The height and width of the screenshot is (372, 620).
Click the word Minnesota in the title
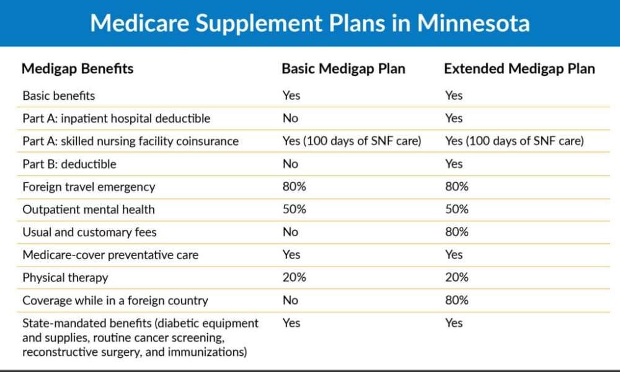tap(473, 23)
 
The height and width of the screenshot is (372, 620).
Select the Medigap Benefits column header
tap(77, 69)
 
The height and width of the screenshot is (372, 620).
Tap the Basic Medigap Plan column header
tap(343, 69)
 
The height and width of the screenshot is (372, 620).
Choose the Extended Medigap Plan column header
tap(519, 69)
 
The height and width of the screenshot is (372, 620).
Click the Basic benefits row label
tap(58, 95)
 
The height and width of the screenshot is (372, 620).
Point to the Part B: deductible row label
tap(69, 164)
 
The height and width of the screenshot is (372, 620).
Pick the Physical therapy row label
tap(65, 278)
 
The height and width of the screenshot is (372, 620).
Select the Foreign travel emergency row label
tap(89, 187)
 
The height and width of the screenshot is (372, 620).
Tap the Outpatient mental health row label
tap(89, 210)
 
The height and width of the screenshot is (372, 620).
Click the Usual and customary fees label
tap(89, 232)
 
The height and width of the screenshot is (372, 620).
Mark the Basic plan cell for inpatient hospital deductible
tap(290, 118)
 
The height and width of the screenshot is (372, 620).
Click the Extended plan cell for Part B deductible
tap(454, 164)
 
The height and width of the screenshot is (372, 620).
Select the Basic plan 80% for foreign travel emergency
tap(294, 187)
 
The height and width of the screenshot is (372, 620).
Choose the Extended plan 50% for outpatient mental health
tap(457, 209)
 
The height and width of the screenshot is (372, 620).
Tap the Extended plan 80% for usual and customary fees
tap(457, 232)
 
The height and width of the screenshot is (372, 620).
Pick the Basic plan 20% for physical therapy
tap(294, 278)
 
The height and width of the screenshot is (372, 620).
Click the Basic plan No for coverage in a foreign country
tap(290, 301)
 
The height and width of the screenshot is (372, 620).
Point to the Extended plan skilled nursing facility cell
tap(515, 141)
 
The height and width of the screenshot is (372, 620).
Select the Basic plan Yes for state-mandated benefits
tap(291, 323)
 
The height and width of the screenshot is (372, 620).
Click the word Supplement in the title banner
tap(259, 24)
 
